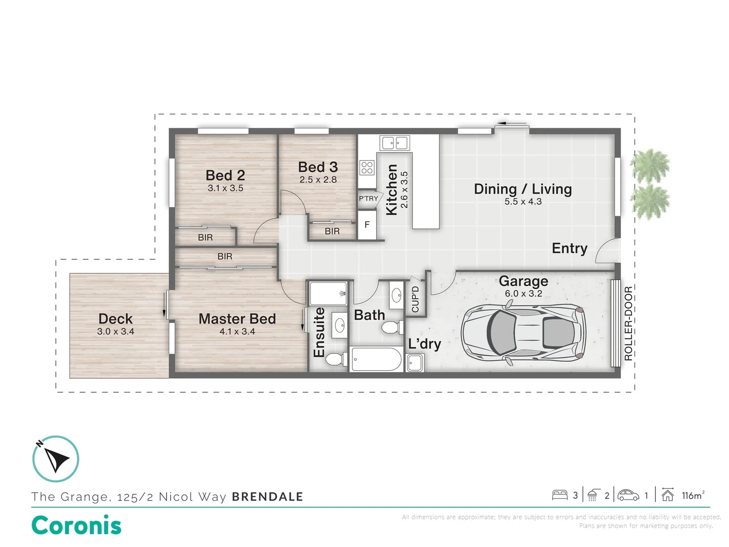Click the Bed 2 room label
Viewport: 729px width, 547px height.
point(225,175)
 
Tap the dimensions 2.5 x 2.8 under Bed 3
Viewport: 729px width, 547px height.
point(318,180)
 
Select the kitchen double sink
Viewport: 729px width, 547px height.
point(394,143)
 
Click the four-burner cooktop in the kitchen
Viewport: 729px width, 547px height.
point(367,167)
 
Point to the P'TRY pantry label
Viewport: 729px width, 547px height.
point(369,199)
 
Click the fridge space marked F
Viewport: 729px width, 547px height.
point(367,225)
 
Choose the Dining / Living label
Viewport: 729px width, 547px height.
point(523,189)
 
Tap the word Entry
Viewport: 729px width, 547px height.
point(569,248)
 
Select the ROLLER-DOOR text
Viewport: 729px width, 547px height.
point(628,323)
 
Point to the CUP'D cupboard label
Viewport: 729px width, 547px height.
point(415,299)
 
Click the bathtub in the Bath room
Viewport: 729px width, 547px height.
point(376,359)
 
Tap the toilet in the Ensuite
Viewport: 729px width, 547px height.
point(334,359)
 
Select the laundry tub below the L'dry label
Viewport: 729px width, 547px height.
point(415,363)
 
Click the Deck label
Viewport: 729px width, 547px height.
point(115,319)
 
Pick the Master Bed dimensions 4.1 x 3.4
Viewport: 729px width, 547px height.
point(237,331)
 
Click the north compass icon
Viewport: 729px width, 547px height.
point(56,459)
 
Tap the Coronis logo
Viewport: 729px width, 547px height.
point(76,525)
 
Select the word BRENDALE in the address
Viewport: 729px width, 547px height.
point(267,496)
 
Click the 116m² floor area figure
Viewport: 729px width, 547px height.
point(693,495)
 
